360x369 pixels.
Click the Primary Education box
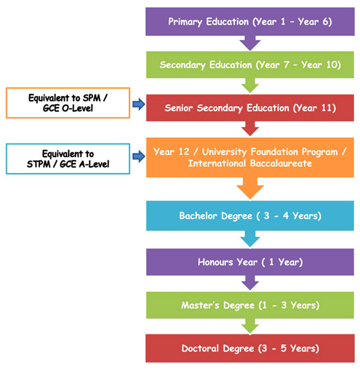click(x=250, y=22)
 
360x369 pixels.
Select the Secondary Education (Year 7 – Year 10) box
click(x=250, y=64)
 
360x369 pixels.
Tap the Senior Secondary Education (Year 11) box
click(x=250, y=107)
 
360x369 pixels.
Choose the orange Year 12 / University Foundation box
click(x=250, y=157)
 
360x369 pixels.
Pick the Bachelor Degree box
click(x=250, y=215)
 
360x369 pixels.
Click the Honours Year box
click(x=250, y=262)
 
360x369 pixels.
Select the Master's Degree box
click(x=250, y=305)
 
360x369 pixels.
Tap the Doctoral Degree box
click(x=250, y=348)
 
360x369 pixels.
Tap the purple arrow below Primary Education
click(x=250, y=43)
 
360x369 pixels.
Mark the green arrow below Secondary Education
click(x=250, y=85)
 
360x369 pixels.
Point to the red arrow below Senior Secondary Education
click(x=250, y=129)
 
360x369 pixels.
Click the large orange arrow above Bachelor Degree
click(x=250, y=188)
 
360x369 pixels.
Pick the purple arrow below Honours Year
click(x=250, y=283)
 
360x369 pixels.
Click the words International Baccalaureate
click(x=250, y=163)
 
